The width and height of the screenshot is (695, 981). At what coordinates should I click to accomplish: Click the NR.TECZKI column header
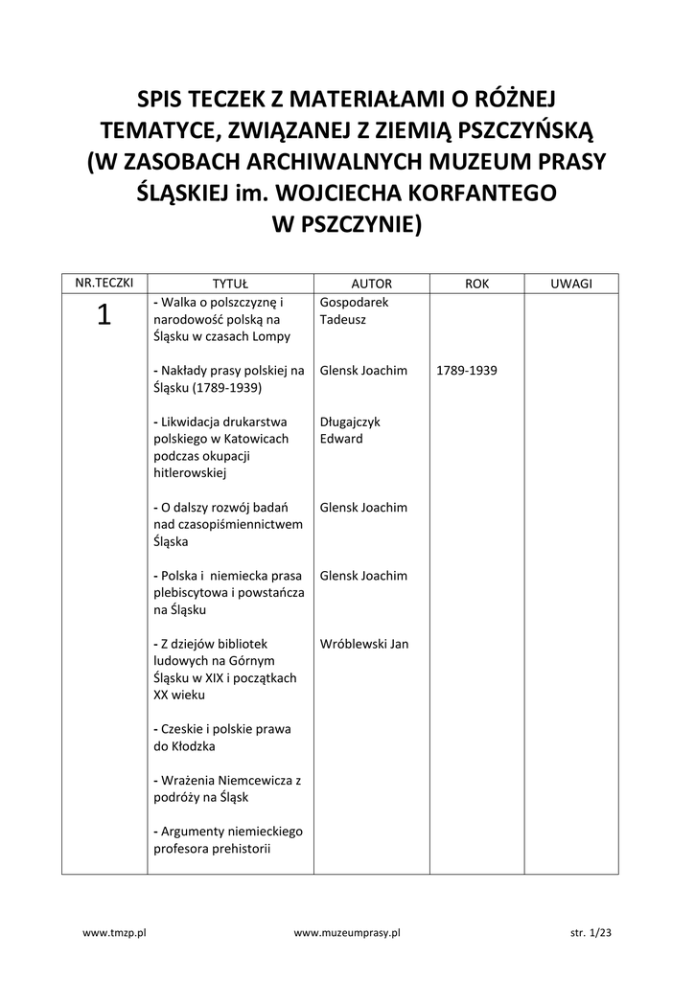(x=104, y=284)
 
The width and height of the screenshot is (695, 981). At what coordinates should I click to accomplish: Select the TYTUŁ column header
(x=230, y=285)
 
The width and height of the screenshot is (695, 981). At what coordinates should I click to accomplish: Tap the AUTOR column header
(x=372, y=285)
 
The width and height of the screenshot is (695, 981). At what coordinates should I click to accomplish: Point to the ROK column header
(x=476, y=285)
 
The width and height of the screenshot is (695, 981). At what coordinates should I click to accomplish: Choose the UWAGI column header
(x=571, y=285)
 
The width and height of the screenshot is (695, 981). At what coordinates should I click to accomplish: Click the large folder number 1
(x=104, y=315)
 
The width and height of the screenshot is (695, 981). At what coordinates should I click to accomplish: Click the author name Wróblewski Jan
(x=364, y=644)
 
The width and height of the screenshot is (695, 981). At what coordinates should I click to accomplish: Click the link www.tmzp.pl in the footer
(x=113, y=931)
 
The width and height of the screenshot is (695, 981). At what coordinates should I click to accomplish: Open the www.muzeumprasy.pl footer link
(x=347, y=931)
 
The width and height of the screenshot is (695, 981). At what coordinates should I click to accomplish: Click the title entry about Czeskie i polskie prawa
(x=222, y=737)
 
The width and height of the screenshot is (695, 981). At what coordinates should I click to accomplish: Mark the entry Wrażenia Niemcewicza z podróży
(x=227, y=788)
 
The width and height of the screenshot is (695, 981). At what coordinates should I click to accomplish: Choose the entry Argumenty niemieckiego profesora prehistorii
(x=227, y=839)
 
